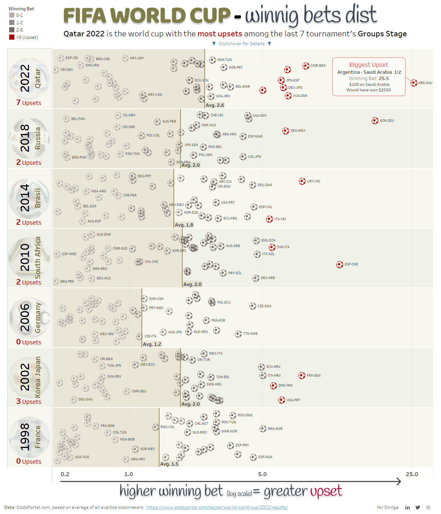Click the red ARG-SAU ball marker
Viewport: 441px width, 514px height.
pyautogui.click(x=414, y=83)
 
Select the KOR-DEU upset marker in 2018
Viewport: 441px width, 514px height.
pyautogui.click(x=375, y=120)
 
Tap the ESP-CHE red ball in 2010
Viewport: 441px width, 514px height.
pyautogui.click(x=340, y=264)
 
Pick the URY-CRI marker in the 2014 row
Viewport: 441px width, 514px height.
pyautogui.click(x=302, y=181)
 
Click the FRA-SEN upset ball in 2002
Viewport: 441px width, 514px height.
pyautogui.click(x=302, y=375)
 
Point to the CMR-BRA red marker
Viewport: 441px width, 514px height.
pyautogui.click(x=306, y=66)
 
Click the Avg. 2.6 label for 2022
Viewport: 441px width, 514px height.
pyautogui.click(x=215, y=105)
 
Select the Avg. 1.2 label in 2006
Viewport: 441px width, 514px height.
pyautogui.click(x=152, y=344)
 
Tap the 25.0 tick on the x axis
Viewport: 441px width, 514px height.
pyautogui.click(x=412, y=474)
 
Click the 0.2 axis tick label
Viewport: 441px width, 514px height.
pyautogui.click(x=65, y=474)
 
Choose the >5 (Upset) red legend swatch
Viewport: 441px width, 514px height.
pyautogui.click(x=12, y=37)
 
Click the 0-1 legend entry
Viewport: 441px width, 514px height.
pyautogui.click(x=19, y=15)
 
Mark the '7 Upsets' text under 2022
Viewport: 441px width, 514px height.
pyautogui.click(x=29, y=103)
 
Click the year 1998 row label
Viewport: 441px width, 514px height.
pyautogui.click(x=25, y=437)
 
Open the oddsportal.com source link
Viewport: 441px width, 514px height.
pyautogui.click(x=217, y=507)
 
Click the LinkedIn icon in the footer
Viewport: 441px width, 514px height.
pyautogui.click(x=408, y=507)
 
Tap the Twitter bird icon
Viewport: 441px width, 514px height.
pyautogui.click(x=418, y=507)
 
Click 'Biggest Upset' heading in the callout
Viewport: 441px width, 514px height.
pyautogui.click(x=368, y=65)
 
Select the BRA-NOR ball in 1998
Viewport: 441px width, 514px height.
pyautogui.click(x=263, y=428)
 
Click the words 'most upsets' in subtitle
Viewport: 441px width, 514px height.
pyautogui.click(x=220, y=34)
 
